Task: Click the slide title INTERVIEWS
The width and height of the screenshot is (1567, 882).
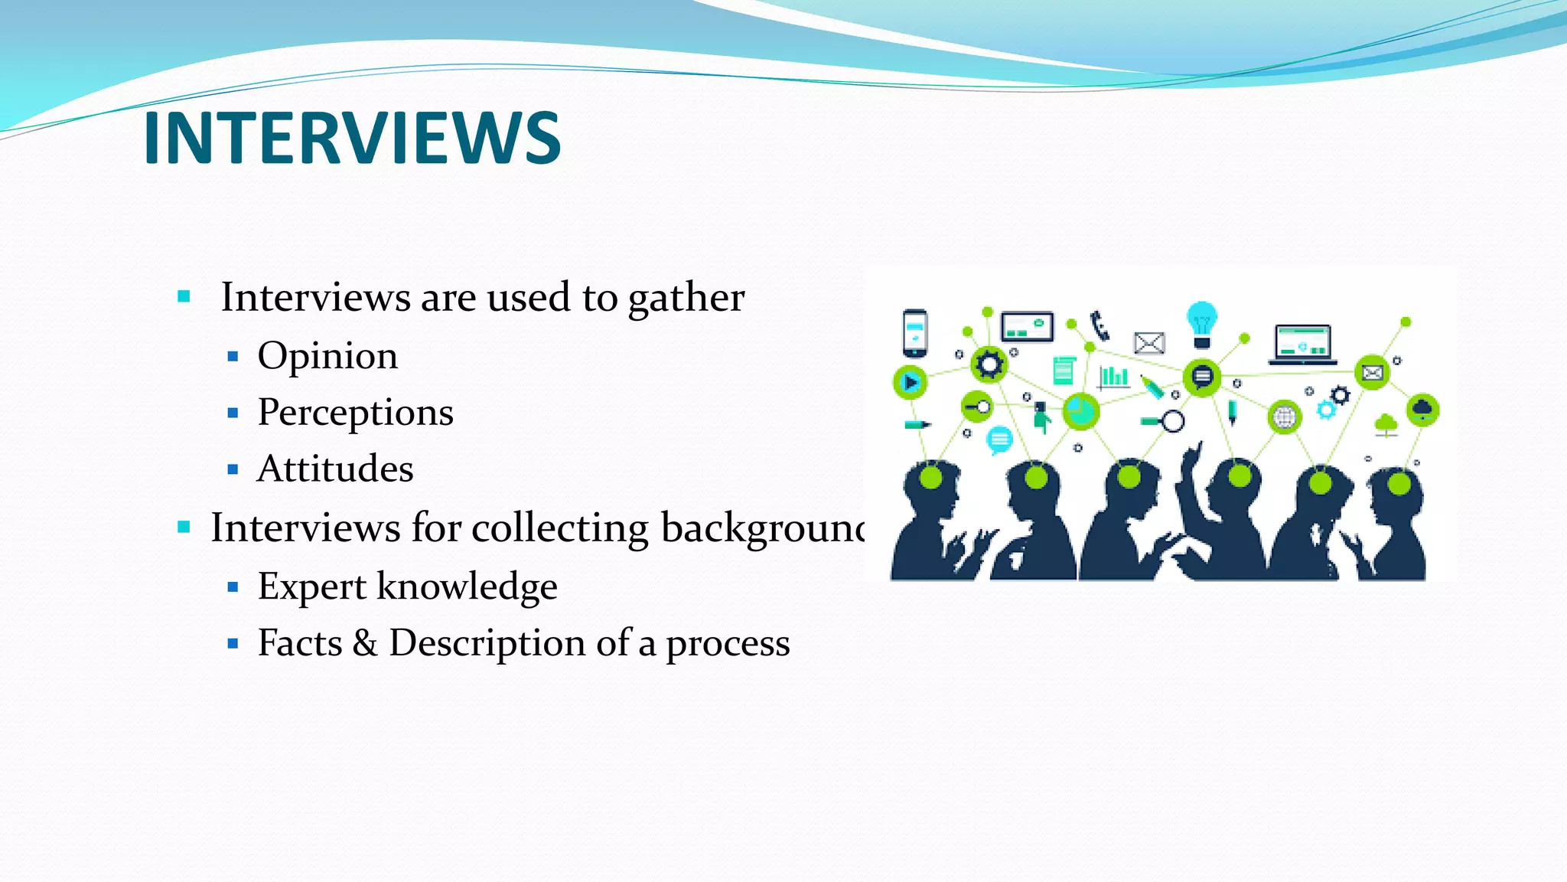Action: tap(352, 138)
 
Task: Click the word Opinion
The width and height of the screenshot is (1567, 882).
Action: tap(327, 356)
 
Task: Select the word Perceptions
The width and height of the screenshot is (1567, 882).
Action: tap(355, 413)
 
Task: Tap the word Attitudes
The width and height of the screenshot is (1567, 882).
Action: tap(335, 469)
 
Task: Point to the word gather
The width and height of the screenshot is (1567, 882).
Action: tap(686, 298)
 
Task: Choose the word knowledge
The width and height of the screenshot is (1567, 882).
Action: tap(467, 586)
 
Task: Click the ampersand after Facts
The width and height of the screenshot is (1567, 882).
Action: tap(365, 643)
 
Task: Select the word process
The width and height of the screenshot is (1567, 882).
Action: tap(727, 644)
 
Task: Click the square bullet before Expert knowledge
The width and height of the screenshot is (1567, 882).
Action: tap(233, 587)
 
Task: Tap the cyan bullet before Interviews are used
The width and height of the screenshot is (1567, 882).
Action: tap(184, 296)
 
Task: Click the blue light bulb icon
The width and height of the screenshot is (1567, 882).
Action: tap(1201, 322)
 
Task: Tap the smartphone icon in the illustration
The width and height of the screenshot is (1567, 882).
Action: tap(915, 333)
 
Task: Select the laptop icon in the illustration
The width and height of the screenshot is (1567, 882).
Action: tap(1302, 344)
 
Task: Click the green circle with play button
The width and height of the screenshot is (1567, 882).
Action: tap(910, 381)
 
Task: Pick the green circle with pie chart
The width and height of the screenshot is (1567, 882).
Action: tap(1080, 412)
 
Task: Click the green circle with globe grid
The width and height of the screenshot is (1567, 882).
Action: tap(1284, 418)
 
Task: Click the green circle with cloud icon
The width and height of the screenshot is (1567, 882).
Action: tap(1422, 410)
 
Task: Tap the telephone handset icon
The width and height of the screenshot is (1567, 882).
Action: tap(1100, 325)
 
